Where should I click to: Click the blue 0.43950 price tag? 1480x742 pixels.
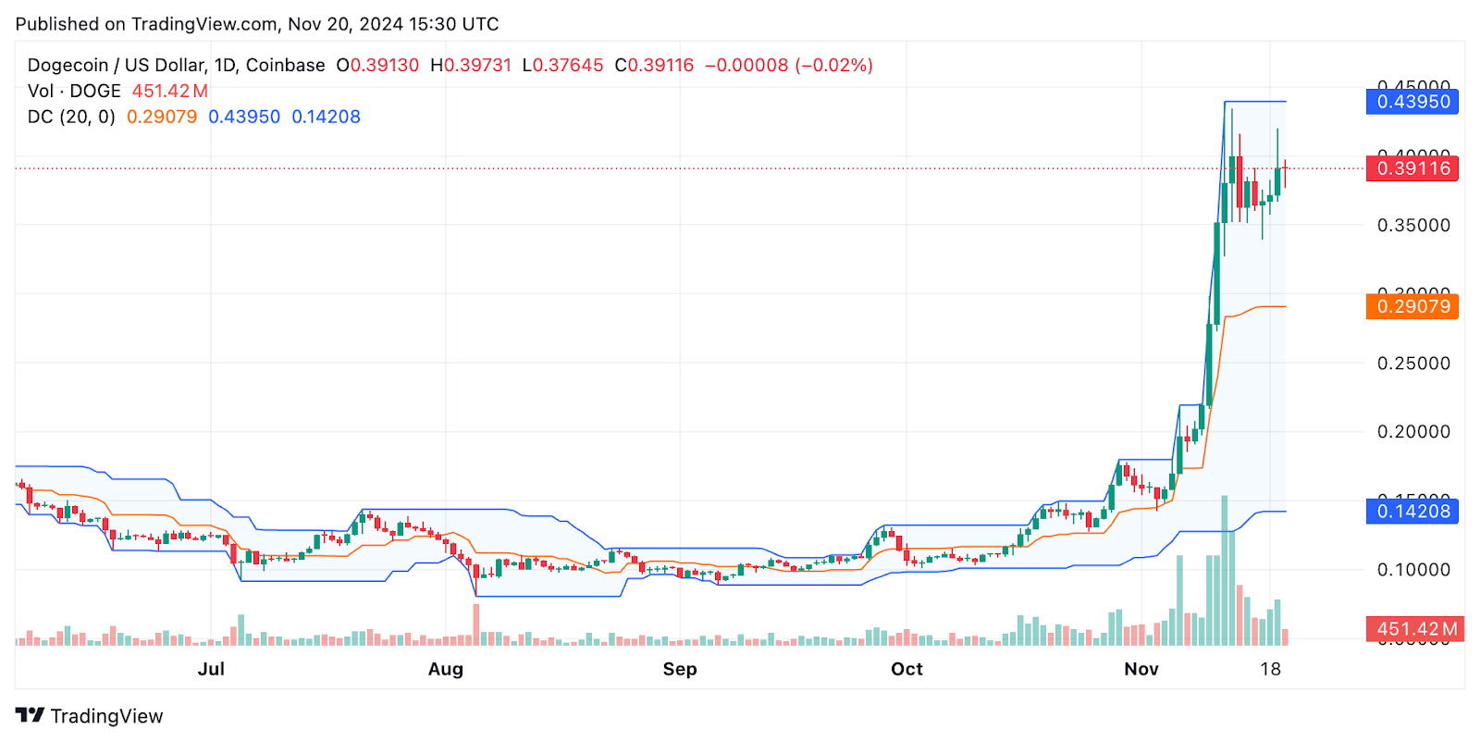[x=1412, y=102]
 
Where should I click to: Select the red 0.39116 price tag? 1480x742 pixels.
[x=1412, y=168]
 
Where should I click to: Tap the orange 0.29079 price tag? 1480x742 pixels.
[x=1412, y=306]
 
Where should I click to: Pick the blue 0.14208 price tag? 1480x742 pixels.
[x=1412, y=512]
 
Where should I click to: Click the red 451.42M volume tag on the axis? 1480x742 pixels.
[x=1414, y=629]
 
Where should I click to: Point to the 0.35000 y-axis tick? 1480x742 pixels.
[x=1413, y=226]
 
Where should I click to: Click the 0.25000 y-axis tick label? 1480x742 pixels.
[x=1413, y=364]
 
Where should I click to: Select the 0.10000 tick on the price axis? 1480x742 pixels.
[x=1413, y=570]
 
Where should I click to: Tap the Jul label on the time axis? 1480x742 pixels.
[x=211, y=669]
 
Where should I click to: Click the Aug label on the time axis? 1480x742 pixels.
[x=446, y=669]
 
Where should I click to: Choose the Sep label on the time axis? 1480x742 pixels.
[x=680, y=669]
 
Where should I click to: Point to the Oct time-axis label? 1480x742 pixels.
[x=906, y=669]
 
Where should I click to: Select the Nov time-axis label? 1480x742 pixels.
[x=1141, y=669]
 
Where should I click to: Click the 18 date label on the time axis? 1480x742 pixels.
[x=1270, y=669]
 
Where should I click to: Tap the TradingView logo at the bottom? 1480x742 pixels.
[x=90, y=716]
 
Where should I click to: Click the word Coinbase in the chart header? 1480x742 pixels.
[x=285, y=66]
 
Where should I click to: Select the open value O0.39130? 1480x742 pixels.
[x=377, y=66]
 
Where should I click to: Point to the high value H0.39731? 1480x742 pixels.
[x=471, y=66]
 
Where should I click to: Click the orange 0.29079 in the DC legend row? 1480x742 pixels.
[x=162, y=117]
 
